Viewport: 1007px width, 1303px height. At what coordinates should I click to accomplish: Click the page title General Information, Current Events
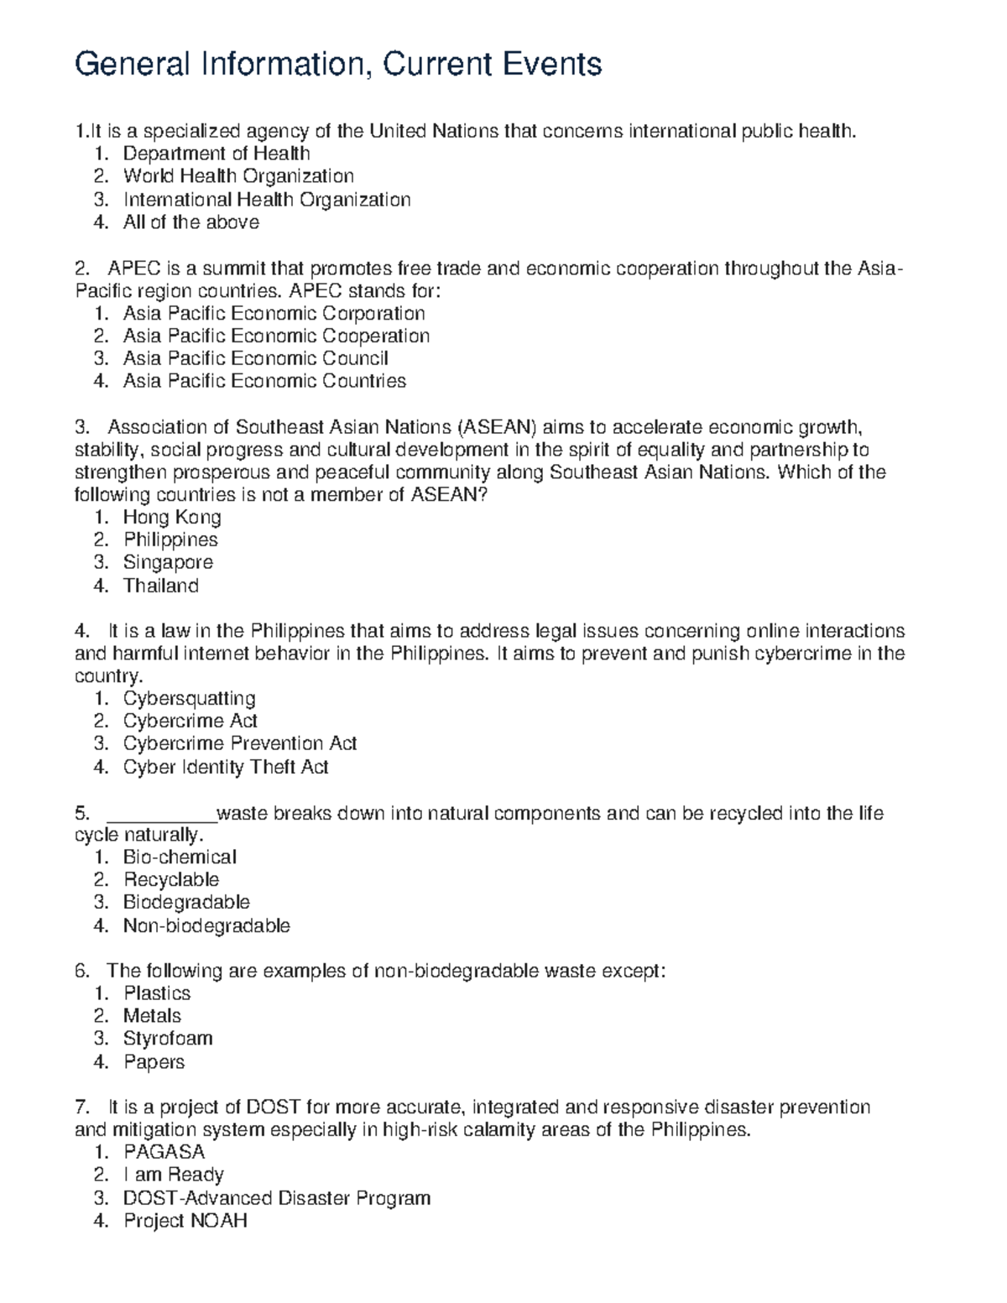click(x=338, y=64)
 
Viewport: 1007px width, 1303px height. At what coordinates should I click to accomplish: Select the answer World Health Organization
click(x=238, y=176)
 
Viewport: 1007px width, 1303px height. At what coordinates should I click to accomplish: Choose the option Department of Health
click(x=217, y=154)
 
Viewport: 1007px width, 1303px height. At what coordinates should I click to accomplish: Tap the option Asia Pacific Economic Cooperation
click(x=276, y=336)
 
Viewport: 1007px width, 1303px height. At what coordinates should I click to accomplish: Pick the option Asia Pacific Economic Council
click(x=255, y=359)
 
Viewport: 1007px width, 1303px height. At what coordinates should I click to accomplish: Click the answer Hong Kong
click(x=172, y=518)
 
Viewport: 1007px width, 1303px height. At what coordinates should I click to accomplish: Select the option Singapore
click(x=168, y=563)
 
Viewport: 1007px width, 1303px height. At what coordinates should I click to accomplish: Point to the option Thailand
click(x=161, y=586)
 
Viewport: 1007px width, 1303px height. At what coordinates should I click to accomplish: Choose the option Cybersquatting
click(x=189, y=699)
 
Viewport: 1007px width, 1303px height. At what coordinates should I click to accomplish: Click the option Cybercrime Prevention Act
click(x=240, y=744)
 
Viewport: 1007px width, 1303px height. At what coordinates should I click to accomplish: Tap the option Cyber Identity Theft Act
click(x=226, y=767)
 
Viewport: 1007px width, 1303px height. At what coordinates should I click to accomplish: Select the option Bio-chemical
click(x=180, y=857)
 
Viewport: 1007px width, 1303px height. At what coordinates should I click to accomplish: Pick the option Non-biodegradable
click(x=206, y=926)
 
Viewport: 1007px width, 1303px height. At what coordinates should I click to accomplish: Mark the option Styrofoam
click(x=168, y=1039)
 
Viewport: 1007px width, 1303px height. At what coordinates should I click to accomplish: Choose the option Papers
click(x=154, y=1062)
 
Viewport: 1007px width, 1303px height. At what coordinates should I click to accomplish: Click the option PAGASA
click(x=164, y=1152)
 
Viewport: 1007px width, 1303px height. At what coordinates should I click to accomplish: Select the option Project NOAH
click(x=185, y=1221)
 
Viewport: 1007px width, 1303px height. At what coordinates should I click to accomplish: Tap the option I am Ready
click(x=173, y=1175)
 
